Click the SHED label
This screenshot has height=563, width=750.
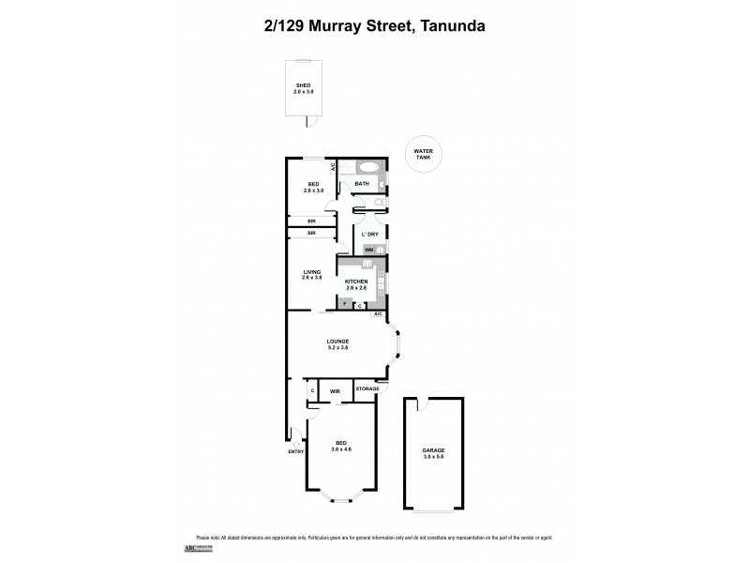pyautogui.click(x=302, y=85)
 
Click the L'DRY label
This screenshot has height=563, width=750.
pyautogui.click(x=370, y=234)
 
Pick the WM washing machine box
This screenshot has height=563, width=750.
pyautogui.click(x=369, y=250)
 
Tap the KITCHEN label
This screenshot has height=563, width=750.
pyautogui.click(x=356, y=281)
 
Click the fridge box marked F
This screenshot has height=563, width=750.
pyautogui.click(x=344, y=305)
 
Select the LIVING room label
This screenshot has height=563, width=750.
pyautogui.click(x=311, y=272)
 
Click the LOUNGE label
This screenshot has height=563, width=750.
pyautogui.click(x=337, y=341)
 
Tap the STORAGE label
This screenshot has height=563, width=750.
pyautogui.click(x=367, y=388)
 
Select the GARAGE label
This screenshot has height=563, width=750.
pyautogui.click(x=433, y=450)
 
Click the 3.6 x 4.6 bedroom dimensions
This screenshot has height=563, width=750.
pyautogui.click(x=340, y=450)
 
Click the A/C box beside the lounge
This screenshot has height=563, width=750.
pyautogui.click(x=379, y=313)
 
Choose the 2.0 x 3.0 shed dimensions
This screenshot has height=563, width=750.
pyautogui.click(x=302, y=92)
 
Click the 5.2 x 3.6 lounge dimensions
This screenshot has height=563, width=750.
pyautogui.click(x=337, y=347)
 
